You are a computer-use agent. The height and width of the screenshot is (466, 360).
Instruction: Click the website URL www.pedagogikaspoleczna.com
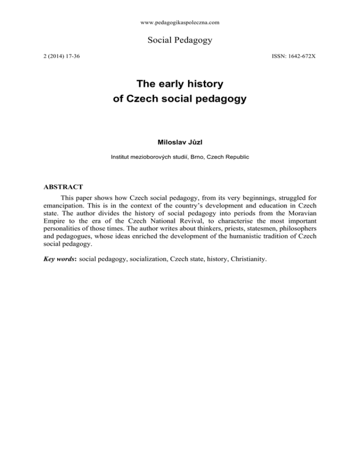180,22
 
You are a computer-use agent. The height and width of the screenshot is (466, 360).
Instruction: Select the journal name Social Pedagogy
180,41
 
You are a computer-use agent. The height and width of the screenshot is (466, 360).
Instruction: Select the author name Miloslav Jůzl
180,142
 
